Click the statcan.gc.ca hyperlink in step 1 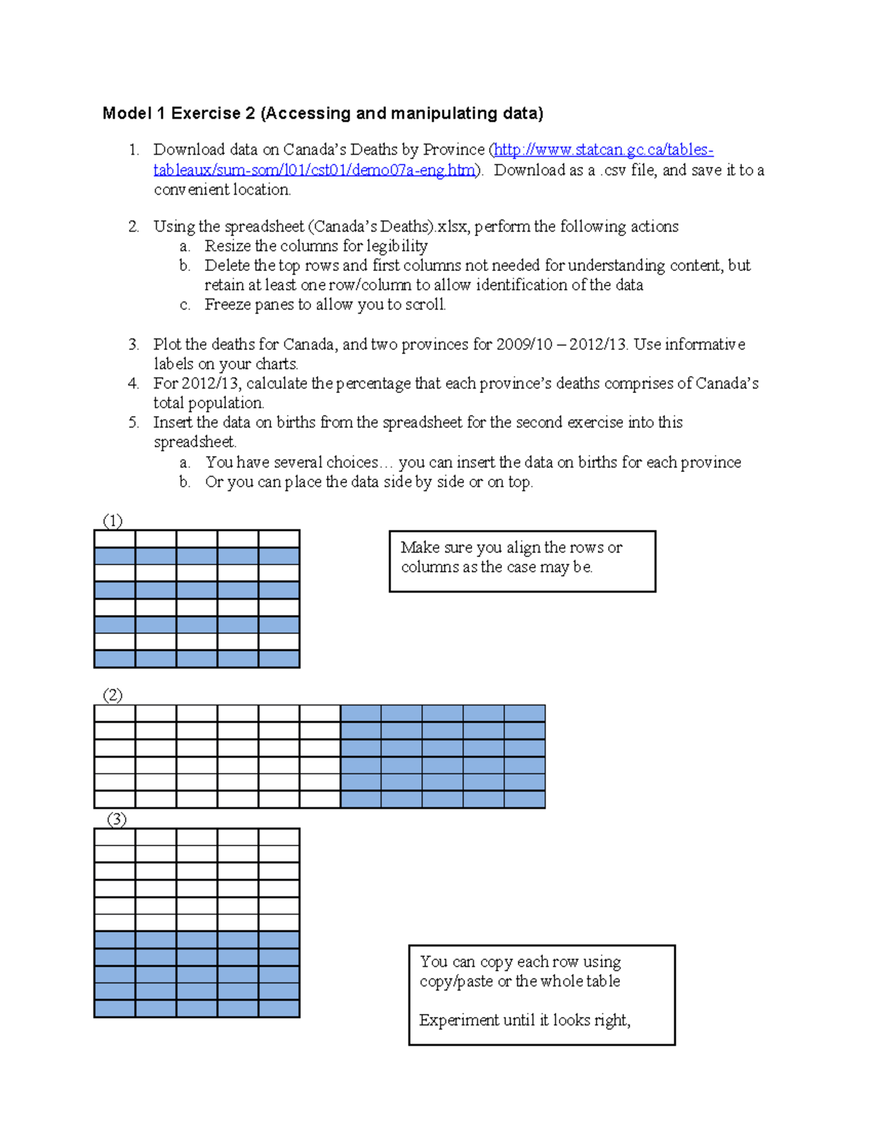(x=603, y=150)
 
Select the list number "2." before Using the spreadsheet (x=134, y=227)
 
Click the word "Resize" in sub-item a (x=227, y=246)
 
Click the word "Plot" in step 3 (x=167, y=344)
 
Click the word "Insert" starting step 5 (x=173, y=423)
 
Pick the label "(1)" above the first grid (x=113, y=521)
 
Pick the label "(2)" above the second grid (x=113, y=695)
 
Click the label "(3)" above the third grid (x=116, y=819)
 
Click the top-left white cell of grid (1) (x=115, y=539)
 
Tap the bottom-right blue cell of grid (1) (x=279, y=659)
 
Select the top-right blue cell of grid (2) (x=525, y=713)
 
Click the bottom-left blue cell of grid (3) (x=115, y=1008)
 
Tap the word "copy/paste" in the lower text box (x=456, y=981)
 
